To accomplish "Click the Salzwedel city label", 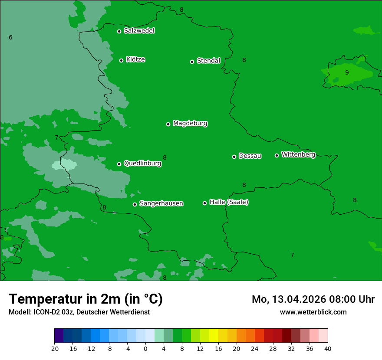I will (x=139, y=31).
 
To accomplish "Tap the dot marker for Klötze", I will (x=122, y=60).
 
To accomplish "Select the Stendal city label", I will (x=208, y=61).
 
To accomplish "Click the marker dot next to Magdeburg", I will (x=168, y=124).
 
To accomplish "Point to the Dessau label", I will (x=250, y=156).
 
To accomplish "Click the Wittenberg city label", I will (x=298, y=154).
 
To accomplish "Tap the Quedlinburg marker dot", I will (x=119, y=164).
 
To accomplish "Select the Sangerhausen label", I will (x=161, y=203).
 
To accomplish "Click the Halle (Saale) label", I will (x=229, y=202).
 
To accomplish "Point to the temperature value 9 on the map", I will (x=346, y=72).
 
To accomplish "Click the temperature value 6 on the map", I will (x=10, y=38).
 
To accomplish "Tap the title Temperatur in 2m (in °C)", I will (x=86, y=299).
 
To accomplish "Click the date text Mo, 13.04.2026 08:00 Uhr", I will (x=313, y=299).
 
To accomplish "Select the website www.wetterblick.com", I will (x=313, y=312).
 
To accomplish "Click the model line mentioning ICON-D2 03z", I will (x=79, y=312).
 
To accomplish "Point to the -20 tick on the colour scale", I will (x=54, y=348).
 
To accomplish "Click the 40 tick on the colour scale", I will (x=327, y=348).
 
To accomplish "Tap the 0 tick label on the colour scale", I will (x=145, y=348).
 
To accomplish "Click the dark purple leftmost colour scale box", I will (x=59, y=336).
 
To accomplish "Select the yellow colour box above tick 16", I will (x=214, y=336).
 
